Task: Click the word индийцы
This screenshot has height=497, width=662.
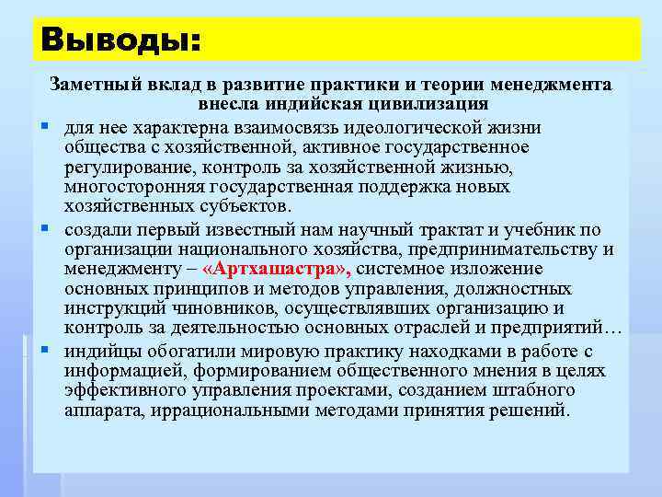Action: [x=98, y=351]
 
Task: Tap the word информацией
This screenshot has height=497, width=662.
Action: [x=120, y=371]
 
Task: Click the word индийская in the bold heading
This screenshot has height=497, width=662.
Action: [x=318, y=104]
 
